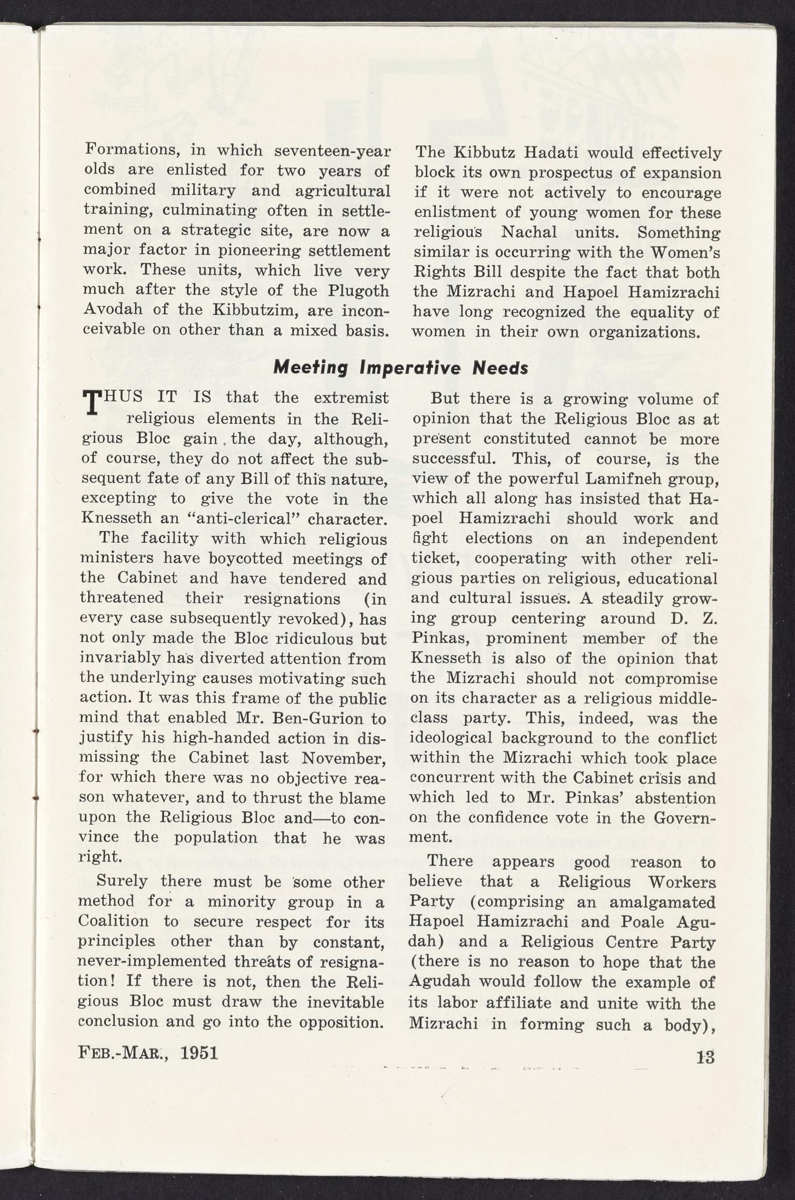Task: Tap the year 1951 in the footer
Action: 199,1054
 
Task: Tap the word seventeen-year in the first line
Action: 333,151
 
